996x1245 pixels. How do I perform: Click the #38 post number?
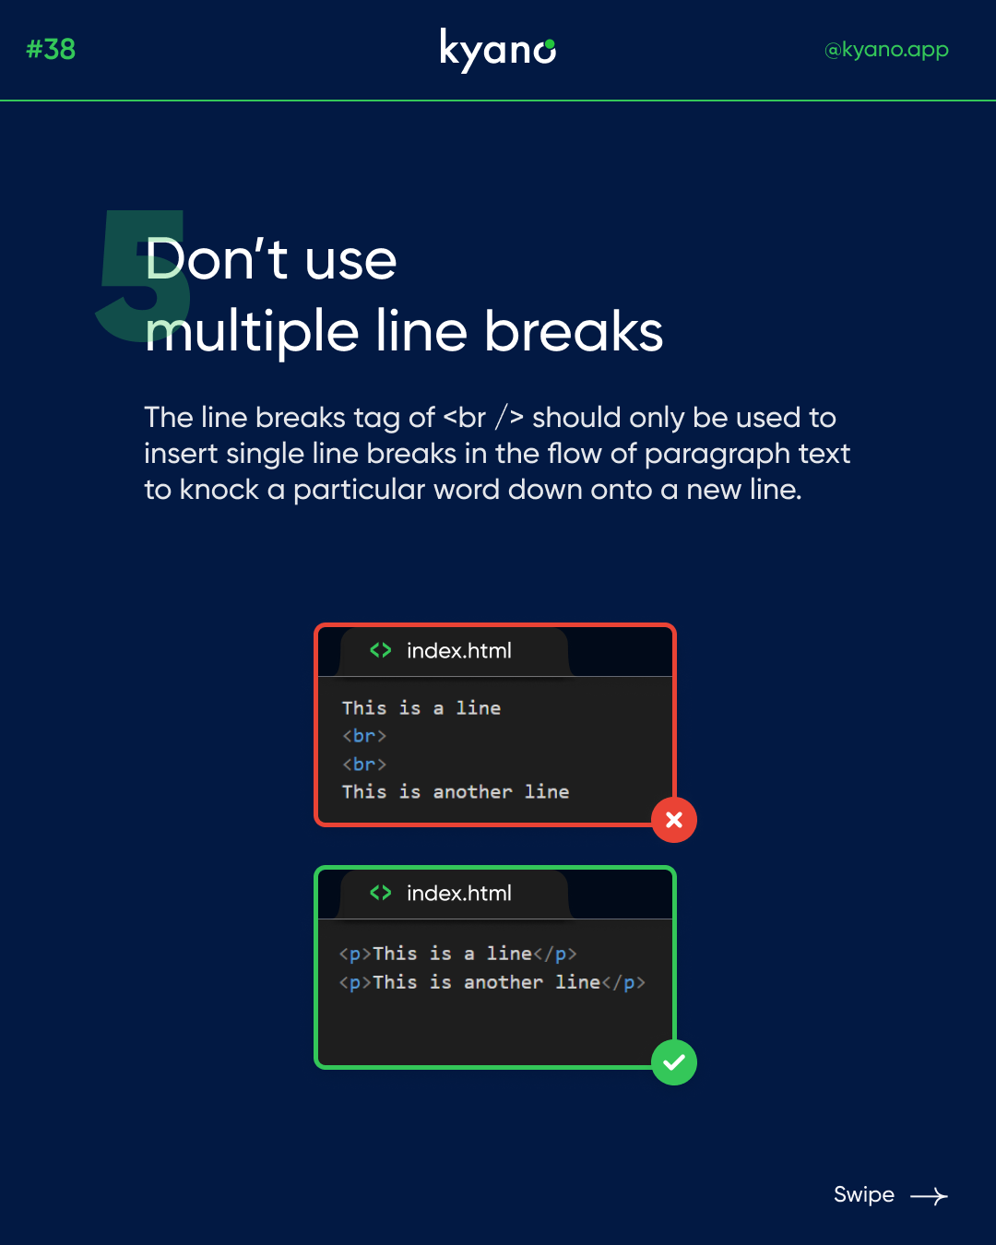(51, 49)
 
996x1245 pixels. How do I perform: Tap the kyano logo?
(498, 51)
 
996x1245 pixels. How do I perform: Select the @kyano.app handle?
(886, 51)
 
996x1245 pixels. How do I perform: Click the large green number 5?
(143, 276)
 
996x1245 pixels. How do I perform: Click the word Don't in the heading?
(216, 258)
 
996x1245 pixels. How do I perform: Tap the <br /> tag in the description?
(483, 417)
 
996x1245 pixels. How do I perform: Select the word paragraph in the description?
(717, 455)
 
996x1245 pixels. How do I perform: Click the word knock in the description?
(219, 490)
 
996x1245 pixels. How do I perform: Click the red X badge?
(673, 820)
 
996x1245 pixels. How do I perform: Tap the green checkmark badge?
(673, 1062)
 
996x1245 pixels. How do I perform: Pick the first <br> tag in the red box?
(364, 736)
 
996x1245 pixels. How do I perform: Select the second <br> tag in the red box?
(364, 765)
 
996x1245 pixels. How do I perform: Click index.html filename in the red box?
(459, 651)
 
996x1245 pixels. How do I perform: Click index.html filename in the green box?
(459, 894)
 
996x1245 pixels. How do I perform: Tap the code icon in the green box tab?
(380, 893)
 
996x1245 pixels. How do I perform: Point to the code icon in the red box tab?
(380, 650)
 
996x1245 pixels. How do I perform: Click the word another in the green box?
(503, 982)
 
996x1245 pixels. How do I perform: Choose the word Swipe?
(863, 1195)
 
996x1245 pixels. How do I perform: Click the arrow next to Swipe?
(929, 1196)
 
